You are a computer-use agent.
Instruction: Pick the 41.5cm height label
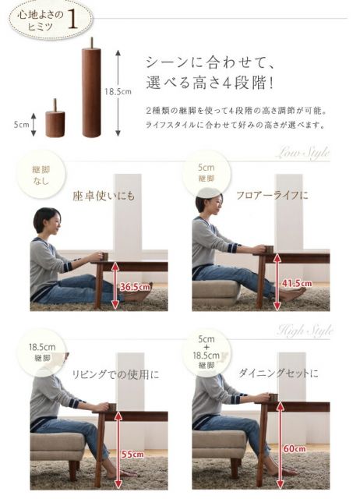pyautogui.click(x=297, y=283)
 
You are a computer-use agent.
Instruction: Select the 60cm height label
pyautogui.click(x=294, y=449)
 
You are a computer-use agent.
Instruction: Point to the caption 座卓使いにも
pyautogui.click(x=104, y=196)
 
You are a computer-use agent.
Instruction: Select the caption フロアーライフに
pyautogui.click(x=272, y=194)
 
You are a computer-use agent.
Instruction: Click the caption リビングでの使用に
pyautogui.click(x=115, y=374)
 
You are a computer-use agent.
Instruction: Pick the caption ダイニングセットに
pyautogui.click(x=281, y=373)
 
